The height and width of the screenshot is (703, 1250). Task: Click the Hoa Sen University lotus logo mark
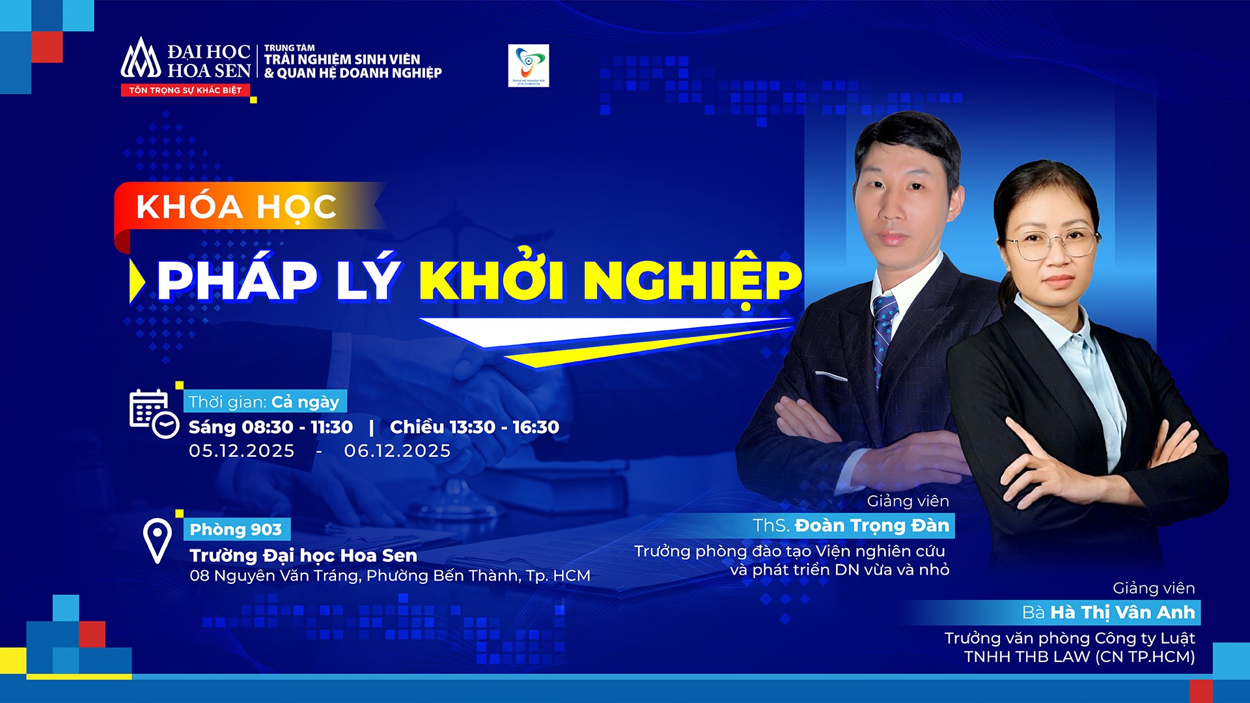click(140, 60)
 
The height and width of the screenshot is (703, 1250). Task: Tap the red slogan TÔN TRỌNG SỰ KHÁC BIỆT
click(185, 90)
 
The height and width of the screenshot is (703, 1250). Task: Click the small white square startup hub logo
click(528, 65)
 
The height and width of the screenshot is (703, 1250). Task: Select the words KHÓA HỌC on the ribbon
click(236, 207)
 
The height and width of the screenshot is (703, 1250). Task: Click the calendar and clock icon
click(154, 413)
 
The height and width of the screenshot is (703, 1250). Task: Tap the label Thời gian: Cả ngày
click(264, 402)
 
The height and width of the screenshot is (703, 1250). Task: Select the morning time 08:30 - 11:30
click(271, 427)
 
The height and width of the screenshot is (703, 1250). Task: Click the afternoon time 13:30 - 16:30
click(475, 427)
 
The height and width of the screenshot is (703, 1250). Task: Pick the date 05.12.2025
click(242, 450)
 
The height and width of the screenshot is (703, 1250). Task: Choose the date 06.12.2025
click(397, 450)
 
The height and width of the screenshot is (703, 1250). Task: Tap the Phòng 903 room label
click(236, 529)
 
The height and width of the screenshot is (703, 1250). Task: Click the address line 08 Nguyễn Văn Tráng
click(389, 575)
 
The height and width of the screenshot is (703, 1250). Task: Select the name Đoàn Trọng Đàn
click(871, 525)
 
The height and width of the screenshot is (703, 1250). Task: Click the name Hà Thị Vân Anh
click(1122, 613)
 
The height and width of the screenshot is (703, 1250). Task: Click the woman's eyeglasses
click(1051, 243)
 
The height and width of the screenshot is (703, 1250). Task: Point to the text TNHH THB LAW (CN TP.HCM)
click(1079, 657)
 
